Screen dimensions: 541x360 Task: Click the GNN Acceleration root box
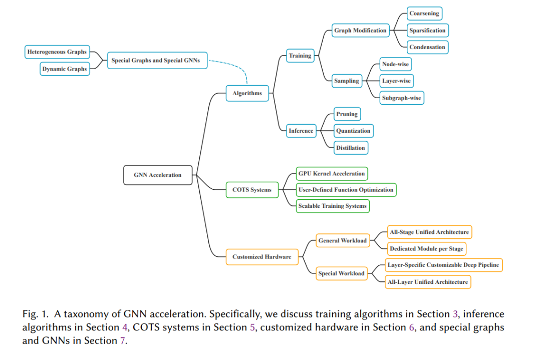158,175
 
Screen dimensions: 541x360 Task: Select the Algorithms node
247,93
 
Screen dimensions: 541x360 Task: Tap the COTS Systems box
252,190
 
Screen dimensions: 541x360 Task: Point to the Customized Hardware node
262,257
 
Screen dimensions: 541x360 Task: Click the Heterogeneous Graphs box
57,52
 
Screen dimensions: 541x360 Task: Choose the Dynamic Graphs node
65,69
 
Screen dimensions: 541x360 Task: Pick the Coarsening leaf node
424,14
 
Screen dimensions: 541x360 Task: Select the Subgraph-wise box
402,98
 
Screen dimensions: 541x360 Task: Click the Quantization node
353,131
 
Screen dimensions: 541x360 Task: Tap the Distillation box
351,148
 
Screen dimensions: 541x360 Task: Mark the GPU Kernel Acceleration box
332,173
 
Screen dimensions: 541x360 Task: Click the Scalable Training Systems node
332,206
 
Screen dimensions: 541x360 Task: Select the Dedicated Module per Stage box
426,249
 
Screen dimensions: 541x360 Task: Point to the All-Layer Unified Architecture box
427,282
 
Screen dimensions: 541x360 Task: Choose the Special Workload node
341,273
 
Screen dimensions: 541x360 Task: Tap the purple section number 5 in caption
252,327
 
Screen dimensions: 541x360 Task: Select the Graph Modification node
360,31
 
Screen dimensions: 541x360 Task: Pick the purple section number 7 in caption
123,340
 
